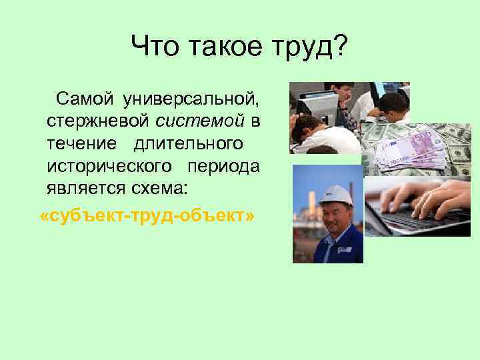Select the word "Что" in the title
point(153,46)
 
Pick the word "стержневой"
point(99,122)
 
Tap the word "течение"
point(80,144)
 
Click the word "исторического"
point(110,166)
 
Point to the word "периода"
point(223,166)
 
